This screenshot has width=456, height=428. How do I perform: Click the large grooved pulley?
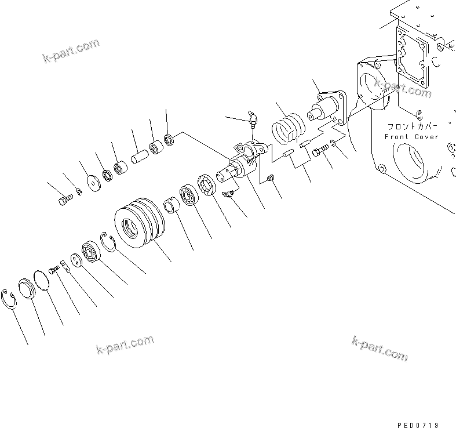139,223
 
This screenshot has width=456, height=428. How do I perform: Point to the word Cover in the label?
426,137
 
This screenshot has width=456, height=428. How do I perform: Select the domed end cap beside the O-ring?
27,290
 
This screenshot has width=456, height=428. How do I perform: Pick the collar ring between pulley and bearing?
171,206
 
